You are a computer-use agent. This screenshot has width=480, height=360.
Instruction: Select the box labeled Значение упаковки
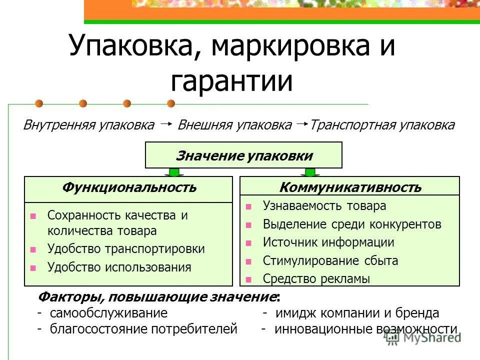click(x=243, y=155)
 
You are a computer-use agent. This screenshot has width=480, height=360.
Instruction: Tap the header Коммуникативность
click(x=349, y=187)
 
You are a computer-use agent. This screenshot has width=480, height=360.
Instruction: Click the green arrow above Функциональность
click(x=174, y=172)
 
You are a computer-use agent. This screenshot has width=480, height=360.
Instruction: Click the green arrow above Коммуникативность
click(x=310, y=172)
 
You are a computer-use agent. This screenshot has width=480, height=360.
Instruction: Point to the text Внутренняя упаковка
click(x=88, y=125)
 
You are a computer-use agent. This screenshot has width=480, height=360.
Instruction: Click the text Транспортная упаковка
click(x=382, y=125)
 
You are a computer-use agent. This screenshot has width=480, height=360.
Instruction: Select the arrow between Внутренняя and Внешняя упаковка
click(x=166, y=123)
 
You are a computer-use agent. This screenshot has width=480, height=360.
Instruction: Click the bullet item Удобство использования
click(x=119, y=267)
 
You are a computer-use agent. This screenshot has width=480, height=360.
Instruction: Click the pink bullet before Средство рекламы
click(x=248, y=279)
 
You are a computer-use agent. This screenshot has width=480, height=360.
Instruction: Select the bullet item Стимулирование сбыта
click(x=330, y=260)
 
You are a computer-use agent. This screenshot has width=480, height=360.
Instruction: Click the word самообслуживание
click(x=108, y=313)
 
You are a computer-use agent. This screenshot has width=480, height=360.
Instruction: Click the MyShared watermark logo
click(x=423, y=338)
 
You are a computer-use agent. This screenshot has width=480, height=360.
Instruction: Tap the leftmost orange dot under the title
click(x=39, y=103)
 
